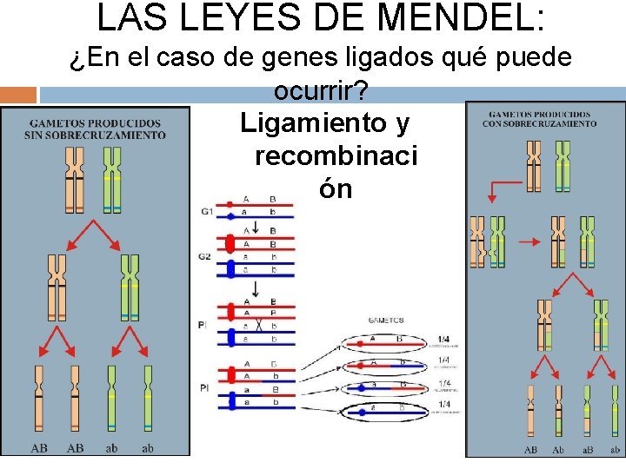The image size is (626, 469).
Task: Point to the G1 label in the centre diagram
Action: [x=207, y=211]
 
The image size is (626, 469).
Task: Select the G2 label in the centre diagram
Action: [x=205, y=257]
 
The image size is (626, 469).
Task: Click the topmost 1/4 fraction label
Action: [x=443, y=340]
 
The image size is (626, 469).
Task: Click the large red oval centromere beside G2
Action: [x=230, y=244]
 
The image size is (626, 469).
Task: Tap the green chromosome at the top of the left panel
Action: [x=112, y=179]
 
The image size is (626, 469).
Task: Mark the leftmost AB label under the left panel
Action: [x=39, y=448]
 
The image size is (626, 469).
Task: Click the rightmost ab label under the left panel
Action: [x=147, y=448]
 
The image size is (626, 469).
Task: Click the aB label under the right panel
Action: [x=587, y=450]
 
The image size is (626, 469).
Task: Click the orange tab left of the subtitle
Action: [x=18, y=94]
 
